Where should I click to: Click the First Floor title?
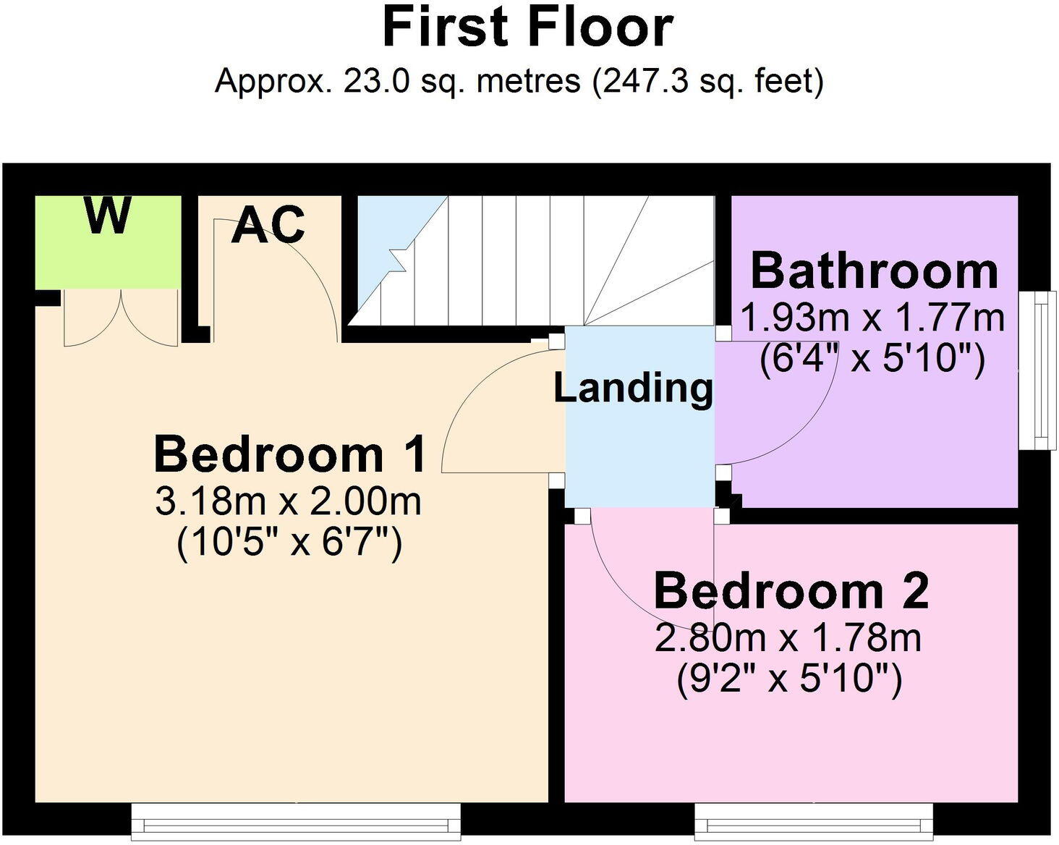pyautogui.click(x=527, y=27)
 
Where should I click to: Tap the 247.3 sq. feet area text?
pyautogui.click(x=709, y=81)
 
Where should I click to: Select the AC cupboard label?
pyautogui.click(x=268, y=225)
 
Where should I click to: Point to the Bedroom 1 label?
pyautogui.click(x=290, y=454)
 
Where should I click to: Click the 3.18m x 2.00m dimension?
pyautogui.click(x=289, y=501)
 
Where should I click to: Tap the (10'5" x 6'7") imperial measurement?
pyautogui.click(x=289, y=541)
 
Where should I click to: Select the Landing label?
pyautogui.click(x=633, y=388)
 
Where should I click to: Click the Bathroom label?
pyautogui.click(x=874, y=271)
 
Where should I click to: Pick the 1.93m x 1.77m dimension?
pyautogui.click(x=873, y=318)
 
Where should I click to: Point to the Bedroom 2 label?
pyautogui.click(x=791, y=590)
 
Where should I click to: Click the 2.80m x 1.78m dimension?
pyautogui.click(x=788, y=638)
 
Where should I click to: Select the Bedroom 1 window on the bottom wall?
pyautogui.click(x=296, y=821)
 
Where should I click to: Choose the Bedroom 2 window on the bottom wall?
pyautogui.click(x=813, y=821)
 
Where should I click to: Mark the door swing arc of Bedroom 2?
pyautogui.click(x=622, y=579)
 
